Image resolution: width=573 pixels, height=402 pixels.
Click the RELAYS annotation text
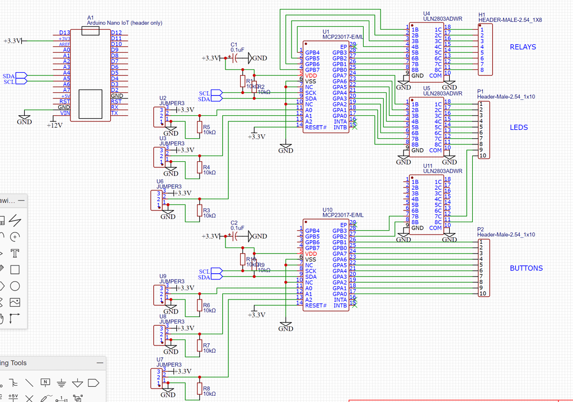[523, 47]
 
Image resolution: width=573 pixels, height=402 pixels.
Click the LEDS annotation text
[519, 128]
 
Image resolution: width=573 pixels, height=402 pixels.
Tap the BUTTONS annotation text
[526, 268]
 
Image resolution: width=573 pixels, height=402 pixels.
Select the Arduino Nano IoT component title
[124, 23]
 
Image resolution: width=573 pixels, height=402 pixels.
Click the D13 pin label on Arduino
[64, 32]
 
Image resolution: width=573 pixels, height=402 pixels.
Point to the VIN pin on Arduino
[65, 113]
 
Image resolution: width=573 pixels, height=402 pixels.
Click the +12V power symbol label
[54, 125]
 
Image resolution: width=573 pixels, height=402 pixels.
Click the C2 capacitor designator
[234, 223]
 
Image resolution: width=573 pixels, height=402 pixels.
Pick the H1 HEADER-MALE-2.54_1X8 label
[510, 20]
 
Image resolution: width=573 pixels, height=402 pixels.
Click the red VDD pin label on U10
[311, 254]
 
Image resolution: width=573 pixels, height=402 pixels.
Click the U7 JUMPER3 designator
[160, 359]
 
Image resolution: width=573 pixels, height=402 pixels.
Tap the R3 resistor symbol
[199, 210]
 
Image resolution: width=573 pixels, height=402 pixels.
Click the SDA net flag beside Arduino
[10, 76]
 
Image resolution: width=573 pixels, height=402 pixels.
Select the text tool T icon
[15, 253]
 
